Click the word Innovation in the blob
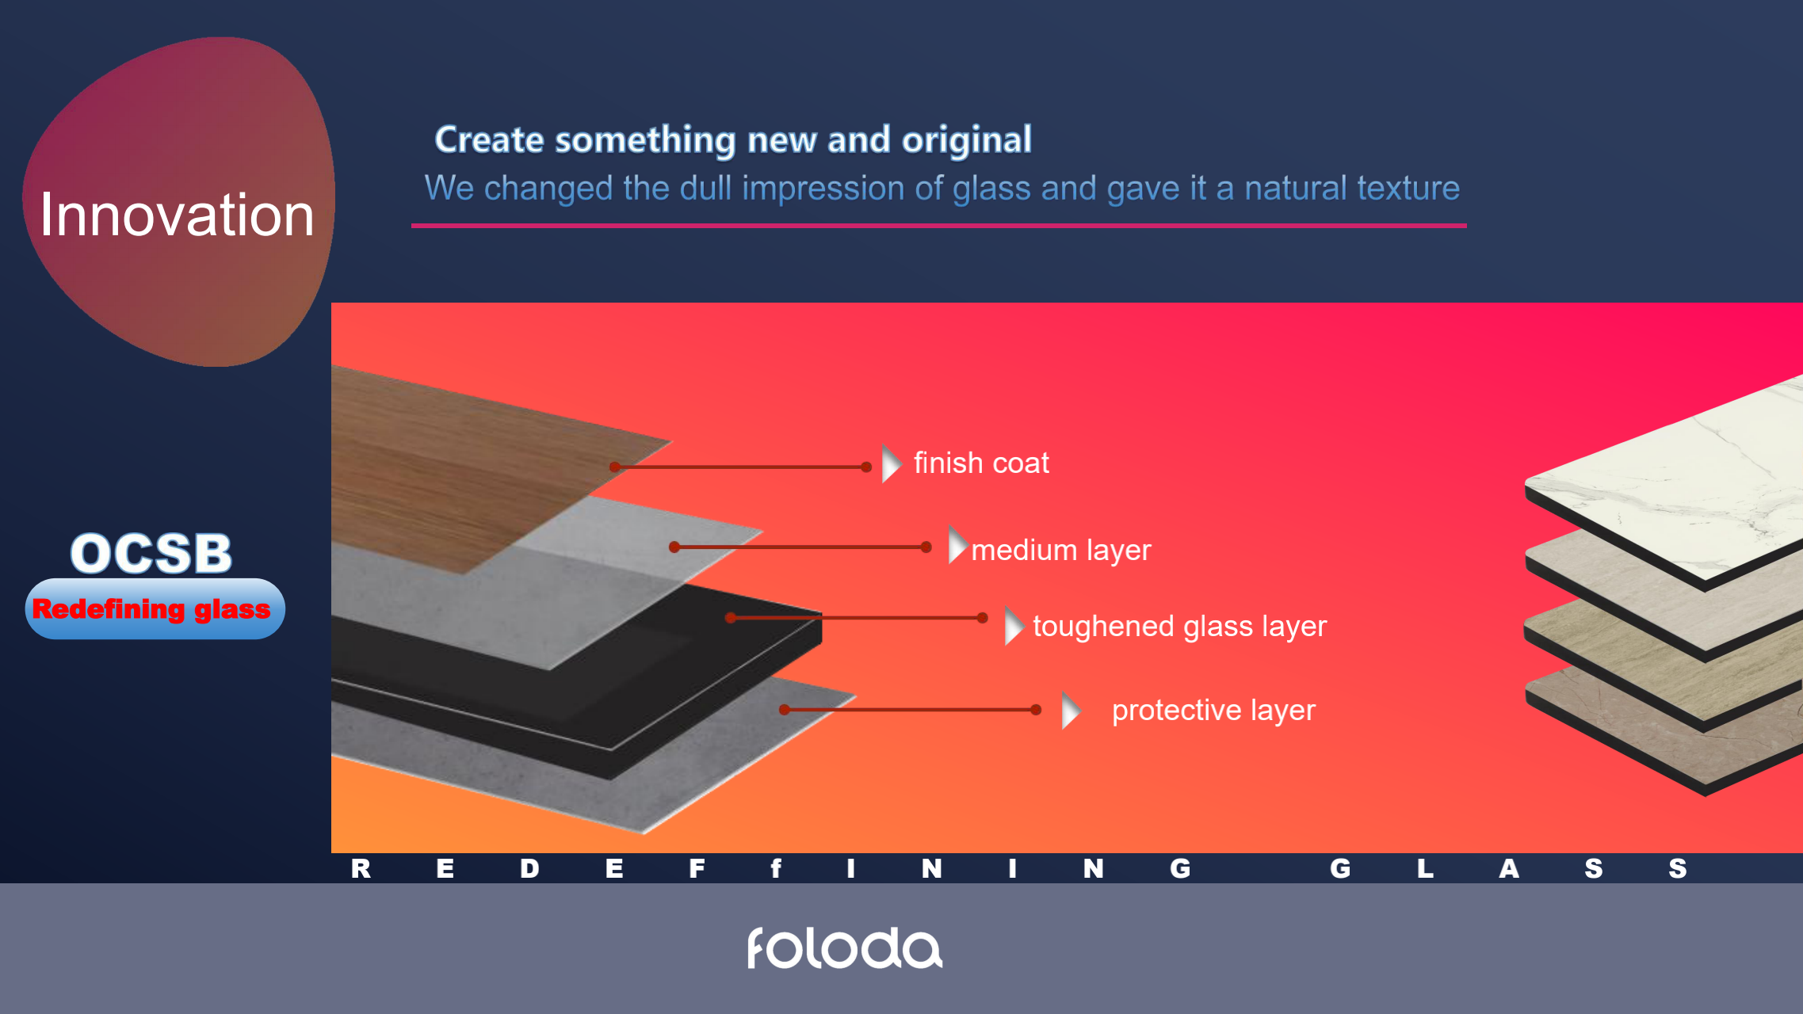click(x=177, y=215)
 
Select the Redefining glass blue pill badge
click(x=155, y=608)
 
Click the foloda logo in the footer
click(x=845, y=948)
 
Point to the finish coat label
click(x=981, y=463)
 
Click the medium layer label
click(x=1061, y=550)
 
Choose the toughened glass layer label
click(x=1179, y=626)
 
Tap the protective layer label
click(x=1213, y=710)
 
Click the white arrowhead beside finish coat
click(x=891, y=463)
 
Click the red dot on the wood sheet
click(x=614, y=467)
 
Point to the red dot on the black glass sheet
click(x=731, y=618)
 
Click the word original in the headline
click(x=967, y=139)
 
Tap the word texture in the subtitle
click(x=1408, y=188)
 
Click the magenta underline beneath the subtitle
click(x=939, y=226)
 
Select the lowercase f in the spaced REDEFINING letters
click(x=776, y=868)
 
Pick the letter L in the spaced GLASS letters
click(x=1425, y=868)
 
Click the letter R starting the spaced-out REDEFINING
click(x=361, y=868)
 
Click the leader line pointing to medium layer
click(x=800, y=547)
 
